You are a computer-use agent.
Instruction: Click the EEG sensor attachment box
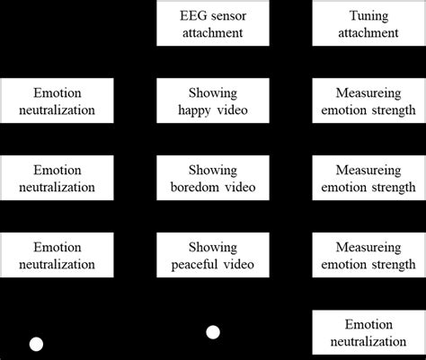tap(212, 24)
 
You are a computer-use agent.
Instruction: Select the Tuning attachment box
tap(368, 24)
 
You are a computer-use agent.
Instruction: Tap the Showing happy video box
tap(212, 101)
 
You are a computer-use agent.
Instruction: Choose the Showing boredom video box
tap(212, 179)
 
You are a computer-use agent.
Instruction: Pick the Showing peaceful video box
tap(212, 255)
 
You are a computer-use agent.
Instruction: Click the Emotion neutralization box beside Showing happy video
tap(58, 101)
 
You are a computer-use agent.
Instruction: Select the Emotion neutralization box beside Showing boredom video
tap(58, 179)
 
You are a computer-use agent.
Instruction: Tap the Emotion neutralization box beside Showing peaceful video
tap(58, 255)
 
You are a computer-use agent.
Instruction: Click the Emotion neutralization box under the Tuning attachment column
tap(368, 332)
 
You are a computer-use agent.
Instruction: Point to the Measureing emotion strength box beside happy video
tap(368, 101)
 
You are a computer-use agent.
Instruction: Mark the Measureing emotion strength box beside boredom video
tap(368, 179)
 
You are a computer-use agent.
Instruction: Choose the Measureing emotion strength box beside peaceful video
tap(368, 255)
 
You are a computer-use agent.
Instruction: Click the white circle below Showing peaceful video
tap(213, 332)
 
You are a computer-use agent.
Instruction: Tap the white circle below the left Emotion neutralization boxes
tap(37, 344)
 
